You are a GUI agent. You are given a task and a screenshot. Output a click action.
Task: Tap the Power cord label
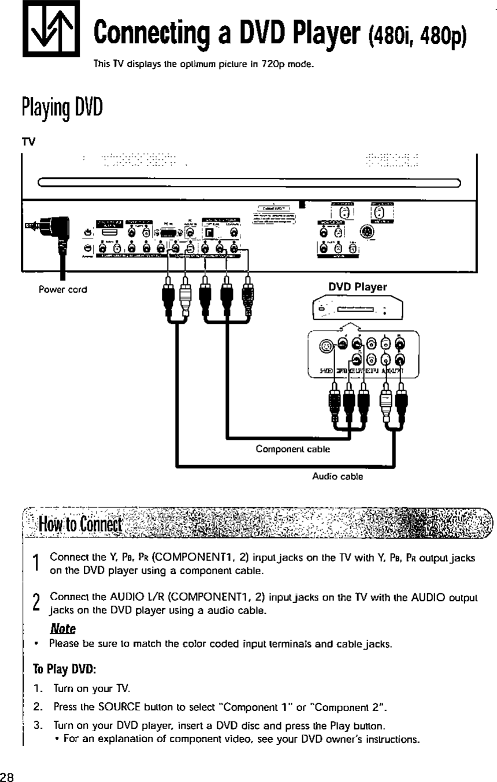[x=63, y=289]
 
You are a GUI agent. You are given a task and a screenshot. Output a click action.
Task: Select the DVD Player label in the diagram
[x=358, y=287]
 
